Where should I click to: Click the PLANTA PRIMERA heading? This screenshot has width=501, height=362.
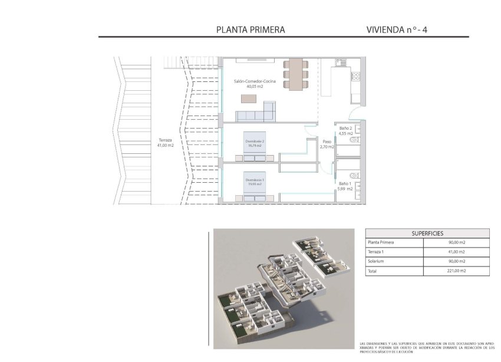point(250,29)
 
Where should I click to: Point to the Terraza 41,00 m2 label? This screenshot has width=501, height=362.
point(165,143)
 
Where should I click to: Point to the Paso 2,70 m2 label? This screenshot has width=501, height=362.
point(327,144)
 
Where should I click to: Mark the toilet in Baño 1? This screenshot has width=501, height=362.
point(354,175)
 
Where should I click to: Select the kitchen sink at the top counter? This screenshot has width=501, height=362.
point(341,62)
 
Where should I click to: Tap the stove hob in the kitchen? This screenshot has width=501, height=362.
point(355,76)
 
